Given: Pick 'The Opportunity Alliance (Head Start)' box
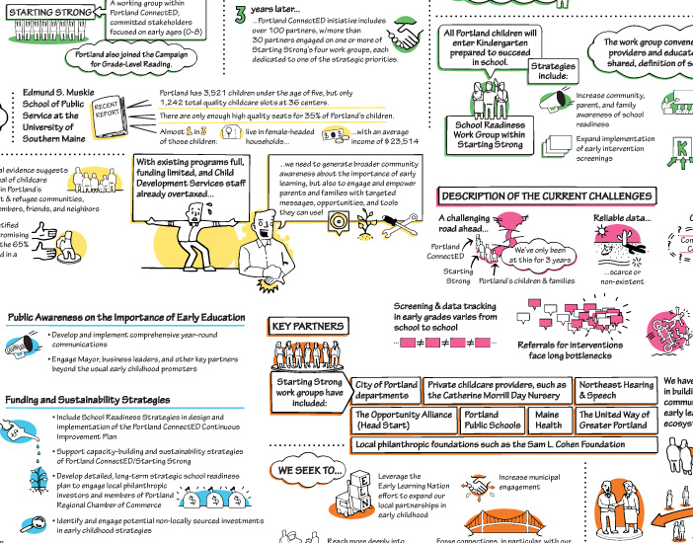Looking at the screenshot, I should (x=405, y=421).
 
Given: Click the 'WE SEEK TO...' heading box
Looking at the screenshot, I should (x=309, y=471).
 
